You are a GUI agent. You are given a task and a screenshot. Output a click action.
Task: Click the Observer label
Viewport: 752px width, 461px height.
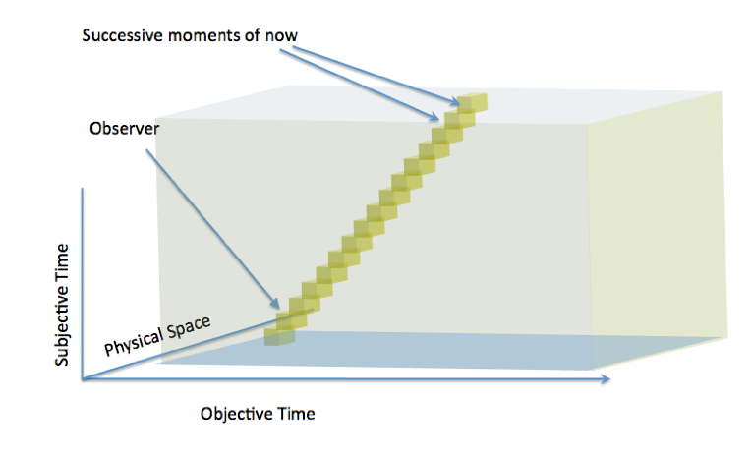point(123,129)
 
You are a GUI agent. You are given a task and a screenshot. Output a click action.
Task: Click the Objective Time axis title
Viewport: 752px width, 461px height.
point(258,413)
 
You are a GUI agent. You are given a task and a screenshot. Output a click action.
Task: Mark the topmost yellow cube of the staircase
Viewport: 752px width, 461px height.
point(474,102)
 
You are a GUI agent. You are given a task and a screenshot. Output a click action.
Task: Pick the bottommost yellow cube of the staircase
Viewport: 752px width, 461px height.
point(279,336)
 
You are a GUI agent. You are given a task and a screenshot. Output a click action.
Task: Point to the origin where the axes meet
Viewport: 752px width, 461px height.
point(86,380)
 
